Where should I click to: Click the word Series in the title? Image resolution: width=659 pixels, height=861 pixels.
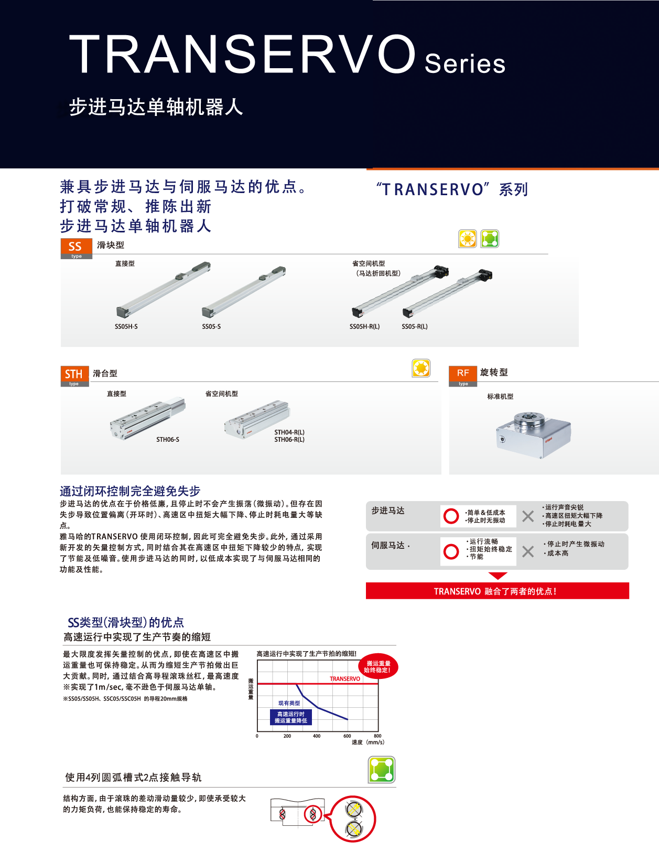[x=464, y=64]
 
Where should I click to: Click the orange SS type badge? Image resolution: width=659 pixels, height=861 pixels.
[x=76, y=248]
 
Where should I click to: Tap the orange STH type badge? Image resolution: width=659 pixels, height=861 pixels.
[x=74, y=375]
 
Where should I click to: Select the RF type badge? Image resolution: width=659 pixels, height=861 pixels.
[x=463, y=375]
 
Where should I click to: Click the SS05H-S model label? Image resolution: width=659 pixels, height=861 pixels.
[x=126, y=326]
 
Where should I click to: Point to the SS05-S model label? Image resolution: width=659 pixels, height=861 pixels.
[x=211, y=326]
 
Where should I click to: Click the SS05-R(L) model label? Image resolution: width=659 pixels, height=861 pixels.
[x=414, y=326]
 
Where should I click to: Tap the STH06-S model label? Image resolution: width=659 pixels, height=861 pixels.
[x=167, y=440]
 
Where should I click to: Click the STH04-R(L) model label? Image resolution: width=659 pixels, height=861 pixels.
[x=289, y=432]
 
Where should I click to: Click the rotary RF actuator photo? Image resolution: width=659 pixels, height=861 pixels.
[x=533, y=434]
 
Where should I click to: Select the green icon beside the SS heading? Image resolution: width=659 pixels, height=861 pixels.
[x=490, y=239]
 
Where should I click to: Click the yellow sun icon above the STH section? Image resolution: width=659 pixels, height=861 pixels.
[x=421, y=368]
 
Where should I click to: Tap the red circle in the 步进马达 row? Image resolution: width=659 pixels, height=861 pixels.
[x=451, y=516]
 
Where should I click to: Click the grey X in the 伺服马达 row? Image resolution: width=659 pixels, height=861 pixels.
[x=528, y=551]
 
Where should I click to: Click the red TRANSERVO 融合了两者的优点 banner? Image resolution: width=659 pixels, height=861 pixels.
[x=497, y=591]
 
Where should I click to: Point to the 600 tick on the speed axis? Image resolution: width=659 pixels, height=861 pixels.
[x=347, y=736]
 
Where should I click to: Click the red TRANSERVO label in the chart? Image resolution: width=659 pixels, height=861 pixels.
[x=344, y=679]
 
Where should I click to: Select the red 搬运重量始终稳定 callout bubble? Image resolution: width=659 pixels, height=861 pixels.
[x=378, y=667]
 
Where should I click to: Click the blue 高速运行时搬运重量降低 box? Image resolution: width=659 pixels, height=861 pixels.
[x=291, y=717]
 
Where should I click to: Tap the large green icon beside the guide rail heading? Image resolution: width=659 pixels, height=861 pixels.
[x=382, y=770]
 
